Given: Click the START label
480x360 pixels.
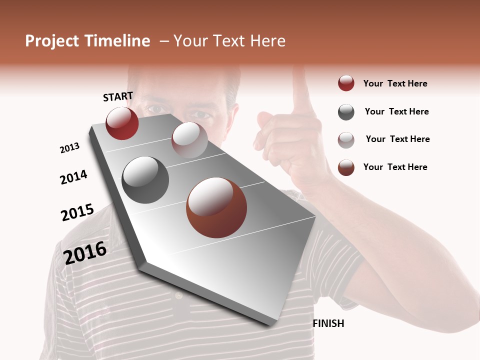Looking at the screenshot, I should [118, 96].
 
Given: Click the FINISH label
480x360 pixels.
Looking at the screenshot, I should [328, 323].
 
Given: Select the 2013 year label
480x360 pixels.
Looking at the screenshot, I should [69, 148].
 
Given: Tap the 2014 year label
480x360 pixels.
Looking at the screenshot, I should [73, 177].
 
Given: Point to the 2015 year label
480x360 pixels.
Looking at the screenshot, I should [77, 212].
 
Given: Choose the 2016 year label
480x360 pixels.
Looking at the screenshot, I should [85, 252].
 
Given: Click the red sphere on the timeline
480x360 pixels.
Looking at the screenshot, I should [122, 123].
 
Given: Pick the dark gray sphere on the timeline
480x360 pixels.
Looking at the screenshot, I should [145, 180].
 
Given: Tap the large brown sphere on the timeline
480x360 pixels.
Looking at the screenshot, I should [216, 207].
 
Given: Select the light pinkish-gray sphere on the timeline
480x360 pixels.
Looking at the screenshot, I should [189, 139].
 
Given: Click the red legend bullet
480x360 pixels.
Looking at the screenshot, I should [346, 83].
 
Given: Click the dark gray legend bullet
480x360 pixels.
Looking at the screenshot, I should [346, 112].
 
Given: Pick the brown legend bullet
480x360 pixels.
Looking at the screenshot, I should [346, 167].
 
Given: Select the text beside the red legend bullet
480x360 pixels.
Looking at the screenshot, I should [395, 84].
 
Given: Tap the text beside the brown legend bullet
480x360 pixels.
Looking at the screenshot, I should [395, 167].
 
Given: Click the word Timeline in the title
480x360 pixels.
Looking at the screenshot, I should [116, 41].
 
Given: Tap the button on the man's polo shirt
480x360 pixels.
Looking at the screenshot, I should [179, 296].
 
